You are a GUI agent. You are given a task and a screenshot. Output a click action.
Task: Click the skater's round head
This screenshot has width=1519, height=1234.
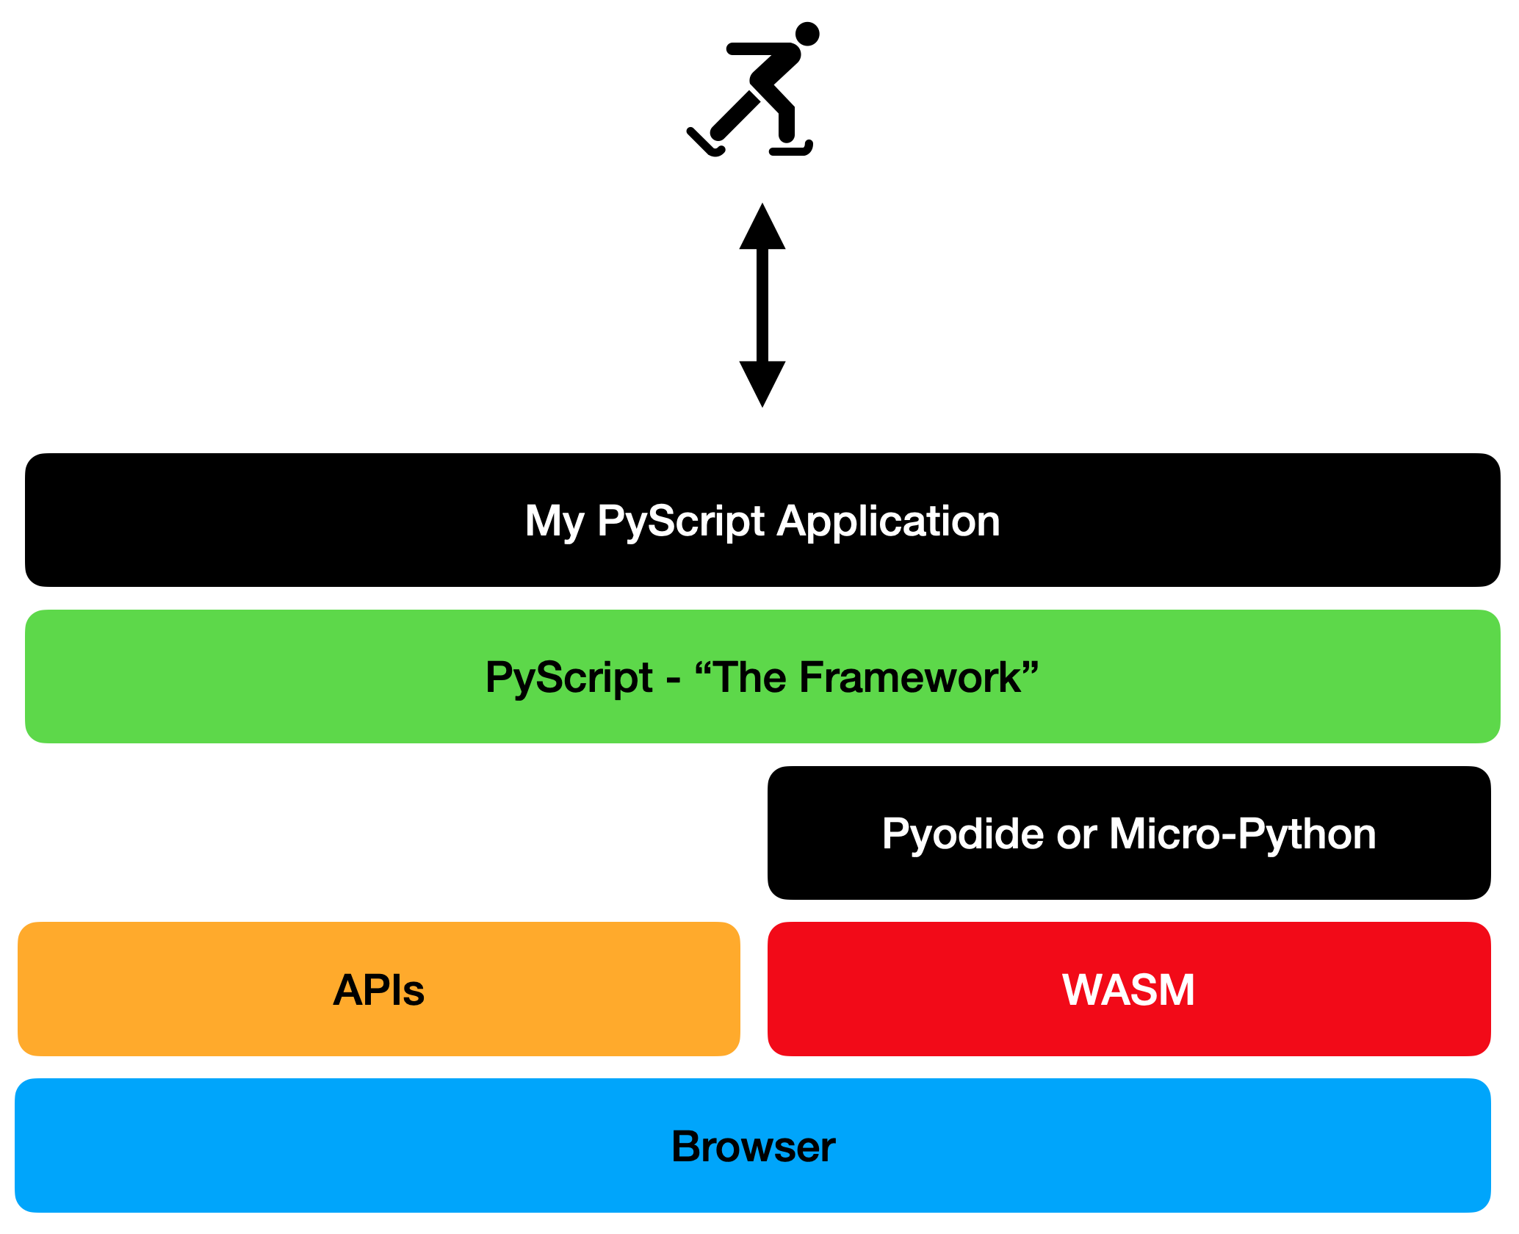point(807,34)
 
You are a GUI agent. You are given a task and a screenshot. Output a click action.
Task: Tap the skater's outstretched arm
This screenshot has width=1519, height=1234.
point(757,49)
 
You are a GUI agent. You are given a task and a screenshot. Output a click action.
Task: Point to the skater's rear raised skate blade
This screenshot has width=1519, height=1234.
point(704,143)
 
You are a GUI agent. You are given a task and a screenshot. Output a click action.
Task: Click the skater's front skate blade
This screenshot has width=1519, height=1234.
point(790,151)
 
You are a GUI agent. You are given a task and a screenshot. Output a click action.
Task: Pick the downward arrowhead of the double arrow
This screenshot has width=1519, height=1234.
point(762,383)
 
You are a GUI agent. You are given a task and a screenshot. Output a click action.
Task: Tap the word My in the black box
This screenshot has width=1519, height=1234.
point(555,521)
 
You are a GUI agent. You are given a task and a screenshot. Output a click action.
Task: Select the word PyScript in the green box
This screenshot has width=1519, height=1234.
point(569,677)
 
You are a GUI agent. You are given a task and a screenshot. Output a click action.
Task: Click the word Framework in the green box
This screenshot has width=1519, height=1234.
point(910,677)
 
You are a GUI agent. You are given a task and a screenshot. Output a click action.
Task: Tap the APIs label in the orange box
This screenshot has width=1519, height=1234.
point(378,989)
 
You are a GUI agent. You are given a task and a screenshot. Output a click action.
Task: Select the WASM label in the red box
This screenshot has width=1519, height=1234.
point(1128,989)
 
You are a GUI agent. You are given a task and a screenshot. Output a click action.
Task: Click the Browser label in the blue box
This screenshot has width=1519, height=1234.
point(753,1147)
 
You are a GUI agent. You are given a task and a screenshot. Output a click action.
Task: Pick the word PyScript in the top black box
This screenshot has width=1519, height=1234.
point(681,521)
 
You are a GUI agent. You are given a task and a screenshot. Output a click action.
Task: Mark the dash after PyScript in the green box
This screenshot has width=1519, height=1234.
point(673,679)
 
